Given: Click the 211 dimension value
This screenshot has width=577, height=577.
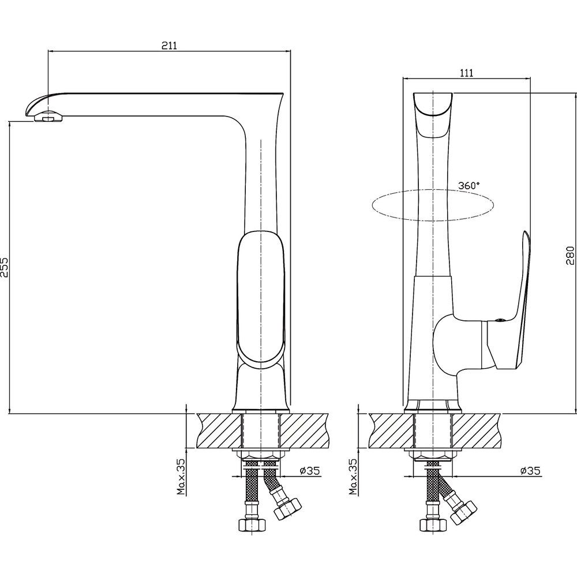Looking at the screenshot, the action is (x=169, y=45).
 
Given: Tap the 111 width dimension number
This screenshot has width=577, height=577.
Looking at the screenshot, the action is (x=466, y=73).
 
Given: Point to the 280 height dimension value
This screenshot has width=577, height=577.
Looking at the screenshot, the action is (x=570, y=256).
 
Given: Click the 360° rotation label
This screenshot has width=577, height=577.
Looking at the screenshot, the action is (x=469, y=185).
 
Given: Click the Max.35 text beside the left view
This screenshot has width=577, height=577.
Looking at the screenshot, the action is (x=181, y=476).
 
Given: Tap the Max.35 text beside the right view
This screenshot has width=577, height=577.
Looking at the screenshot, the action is (x=353, y=476).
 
